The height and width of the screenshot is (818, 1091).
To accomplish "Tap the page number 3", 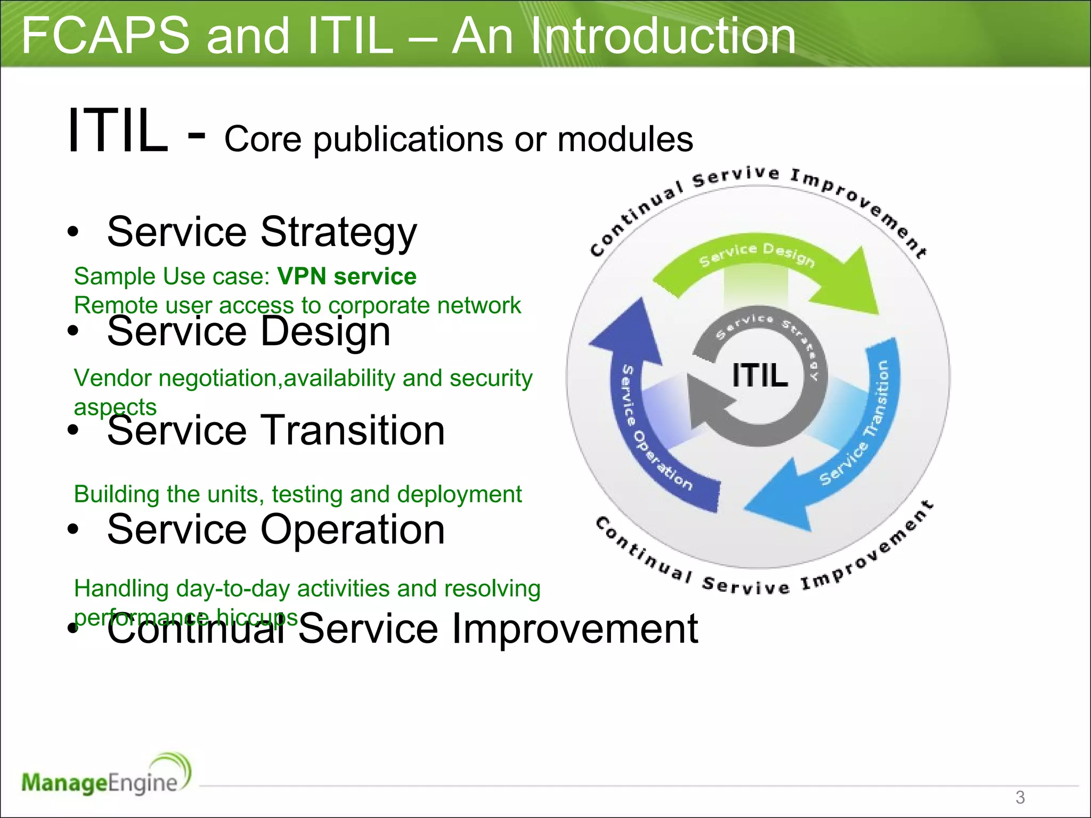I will [1020, 797].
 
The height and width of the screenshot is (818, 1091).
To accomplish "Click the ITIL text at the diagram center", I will [759, 375].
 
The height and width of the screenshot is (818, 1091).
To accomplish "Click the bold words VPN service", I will [347, 276].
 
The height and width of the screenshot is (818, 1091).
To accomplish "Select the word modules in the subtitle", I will [625, 140].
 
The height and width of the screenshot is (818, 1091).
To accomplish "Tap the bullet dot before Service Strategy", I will [73, 232].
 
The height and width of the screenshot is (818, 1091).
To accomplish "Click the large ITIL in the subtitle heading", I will [118, 131].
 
